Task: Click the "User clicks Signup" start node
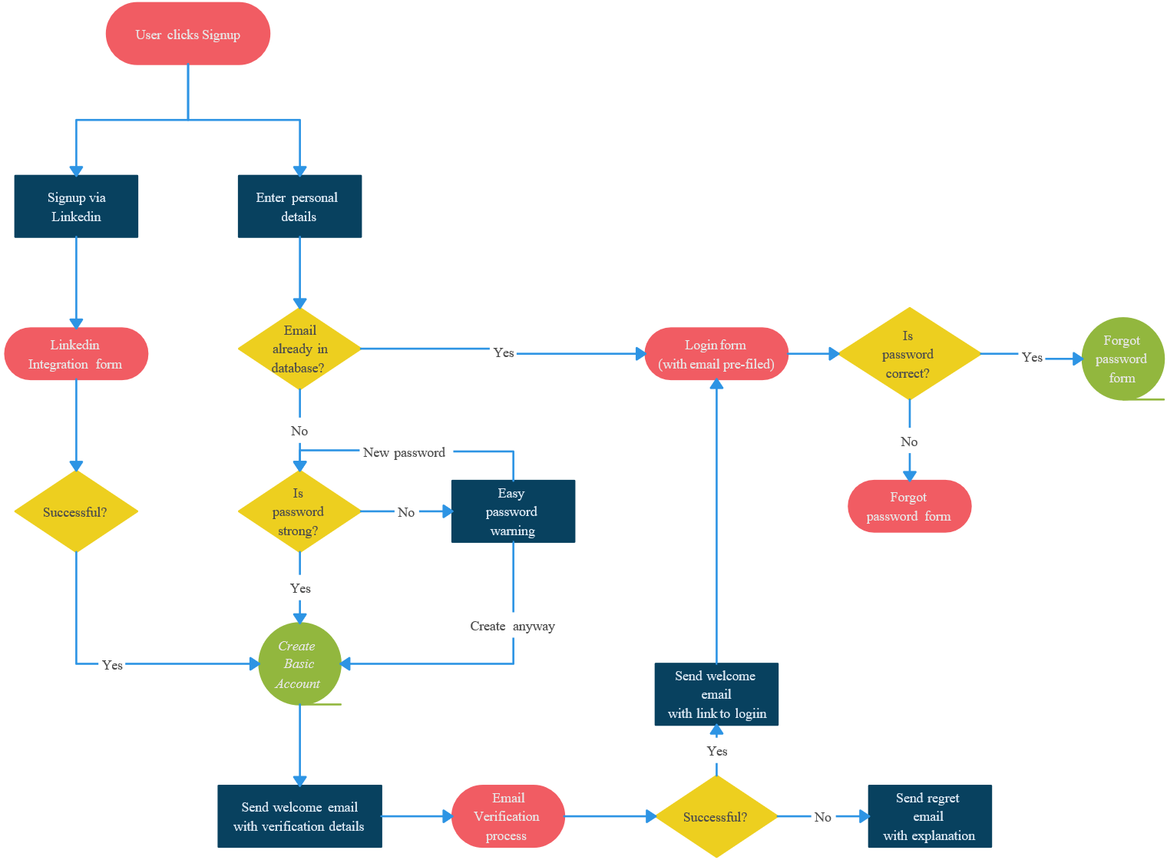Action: click(x=188, y=35)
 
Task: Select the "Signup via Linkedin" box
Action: click(x=76, y=207)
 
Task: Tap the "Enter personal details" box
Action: click(x=299, y=207)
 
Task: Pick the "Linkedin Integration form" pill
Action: click(x=76, y=354)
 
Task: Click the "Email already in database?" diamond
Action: click(x=299, y=349)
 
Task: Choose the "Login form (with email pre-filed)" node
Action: click(x=716, y=354)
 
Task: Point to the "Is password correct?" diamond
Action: click(x=909, y=354)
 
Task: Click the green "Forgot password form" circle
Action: click(x=1122, y=359)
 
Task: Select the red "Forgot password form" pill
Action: click(x=909, y=506)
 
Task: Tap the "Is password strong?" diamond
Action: click(x=299, y=511)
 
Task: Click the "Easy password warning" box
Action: click(x=513, y=511)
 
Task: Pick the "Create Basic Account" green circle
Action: click(x=299, y=664)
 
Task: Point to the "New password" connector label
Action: click(x=404, y=452)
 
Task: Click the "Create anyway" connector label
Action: click(x=512, y=626)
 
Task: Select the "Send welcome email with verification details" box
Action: click(x=299, y=816)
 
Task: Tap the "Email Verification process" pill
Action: click(x=507, y=816)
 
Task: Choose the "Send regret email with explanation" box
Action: click(x=929, y=816)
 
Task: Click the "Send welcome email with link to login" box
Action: click(x=716, y=694)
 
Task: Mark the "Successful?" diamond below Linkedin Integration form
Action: click(x=76, y=511)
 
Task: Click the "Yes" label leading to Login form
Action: click(x=504, y=352)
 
